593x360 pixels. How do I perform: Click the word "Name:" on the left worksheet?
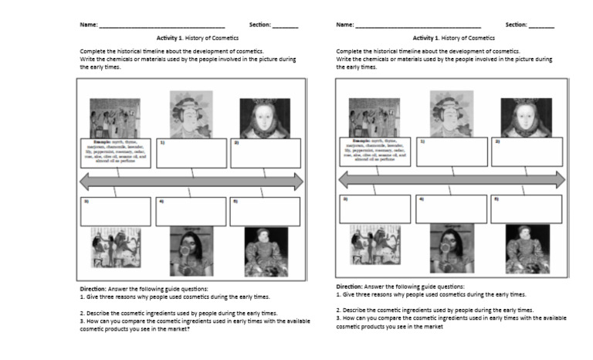pyautogui.click(x=88, y=25)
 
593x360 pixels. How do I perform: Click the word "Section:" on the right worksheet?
pyautogui.click(x=516, y=25)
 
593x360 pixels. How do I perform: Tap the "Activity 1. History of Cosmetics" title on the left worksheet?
pyautogui.click(x=198, y=37)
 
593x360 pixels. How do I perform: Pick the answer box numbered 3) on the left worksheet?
pyautogui.click(x=116, y=211)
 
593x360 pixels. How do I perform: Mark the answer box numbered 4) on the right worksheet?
pyautogui.click(x=451, y=209)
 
